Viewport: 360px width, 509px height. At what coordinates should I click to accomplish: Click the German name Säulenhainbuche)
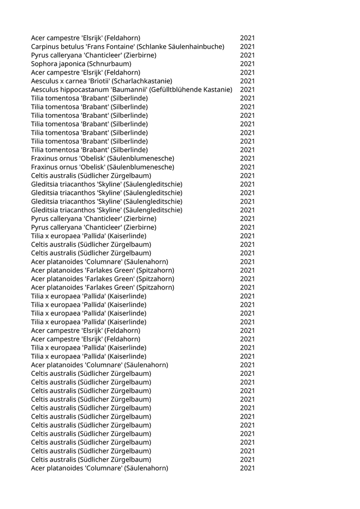point(199,47)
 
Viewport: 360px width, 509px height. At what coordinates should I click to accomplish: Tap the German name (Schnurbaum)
point(110,64)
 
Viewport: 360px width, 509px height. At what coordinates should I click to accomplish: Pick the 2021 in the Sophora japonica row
point(247,64)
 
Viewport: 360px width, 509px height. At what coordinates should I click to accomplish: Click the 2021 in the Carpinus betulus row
point(247,47)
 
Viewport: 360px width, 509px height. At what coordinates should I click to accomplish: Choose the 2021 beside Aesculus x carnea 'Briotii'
point(247,81)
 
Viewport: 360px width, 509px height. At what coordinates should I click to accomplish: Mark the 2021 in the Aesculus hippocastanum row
point(247,90)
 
